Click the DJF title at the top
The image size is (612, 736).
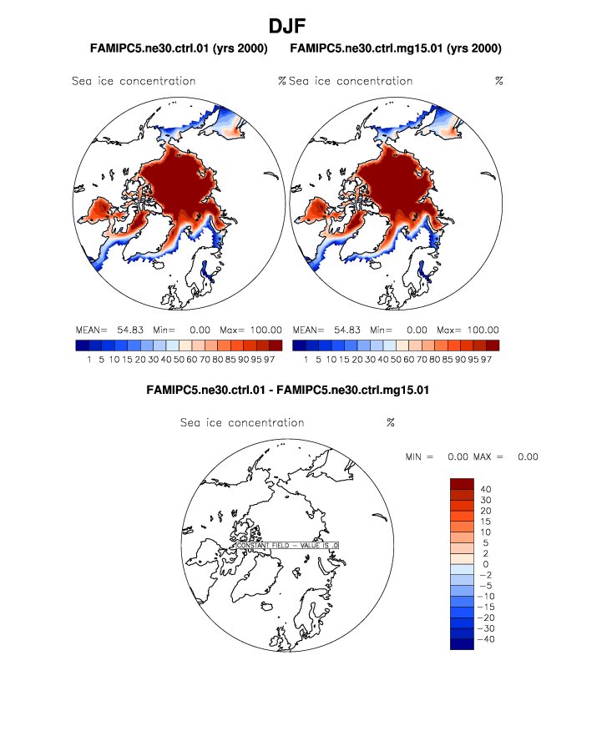tap(305, 26)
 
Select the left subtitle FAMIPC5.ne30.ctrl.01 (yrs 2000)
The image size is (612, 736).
tap(179, 48)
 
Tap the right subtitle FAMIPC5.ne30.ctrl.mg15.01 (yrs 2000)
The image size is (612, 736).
tap(396, 48)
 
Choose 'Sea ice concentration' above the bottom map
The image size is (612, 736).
tap(242, 423)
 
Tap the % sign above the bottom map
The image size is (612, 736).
tap(390, 423)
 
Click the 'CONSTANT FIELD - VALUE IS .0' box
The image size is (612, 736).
tap(288, 545)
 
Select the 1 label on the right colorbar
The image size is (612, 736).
tap(306, 360)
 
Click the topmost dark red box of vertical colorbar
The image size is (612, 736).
tap(462, 484)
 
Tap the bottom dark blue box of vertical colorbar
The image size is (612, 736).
tap(462, 644)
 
